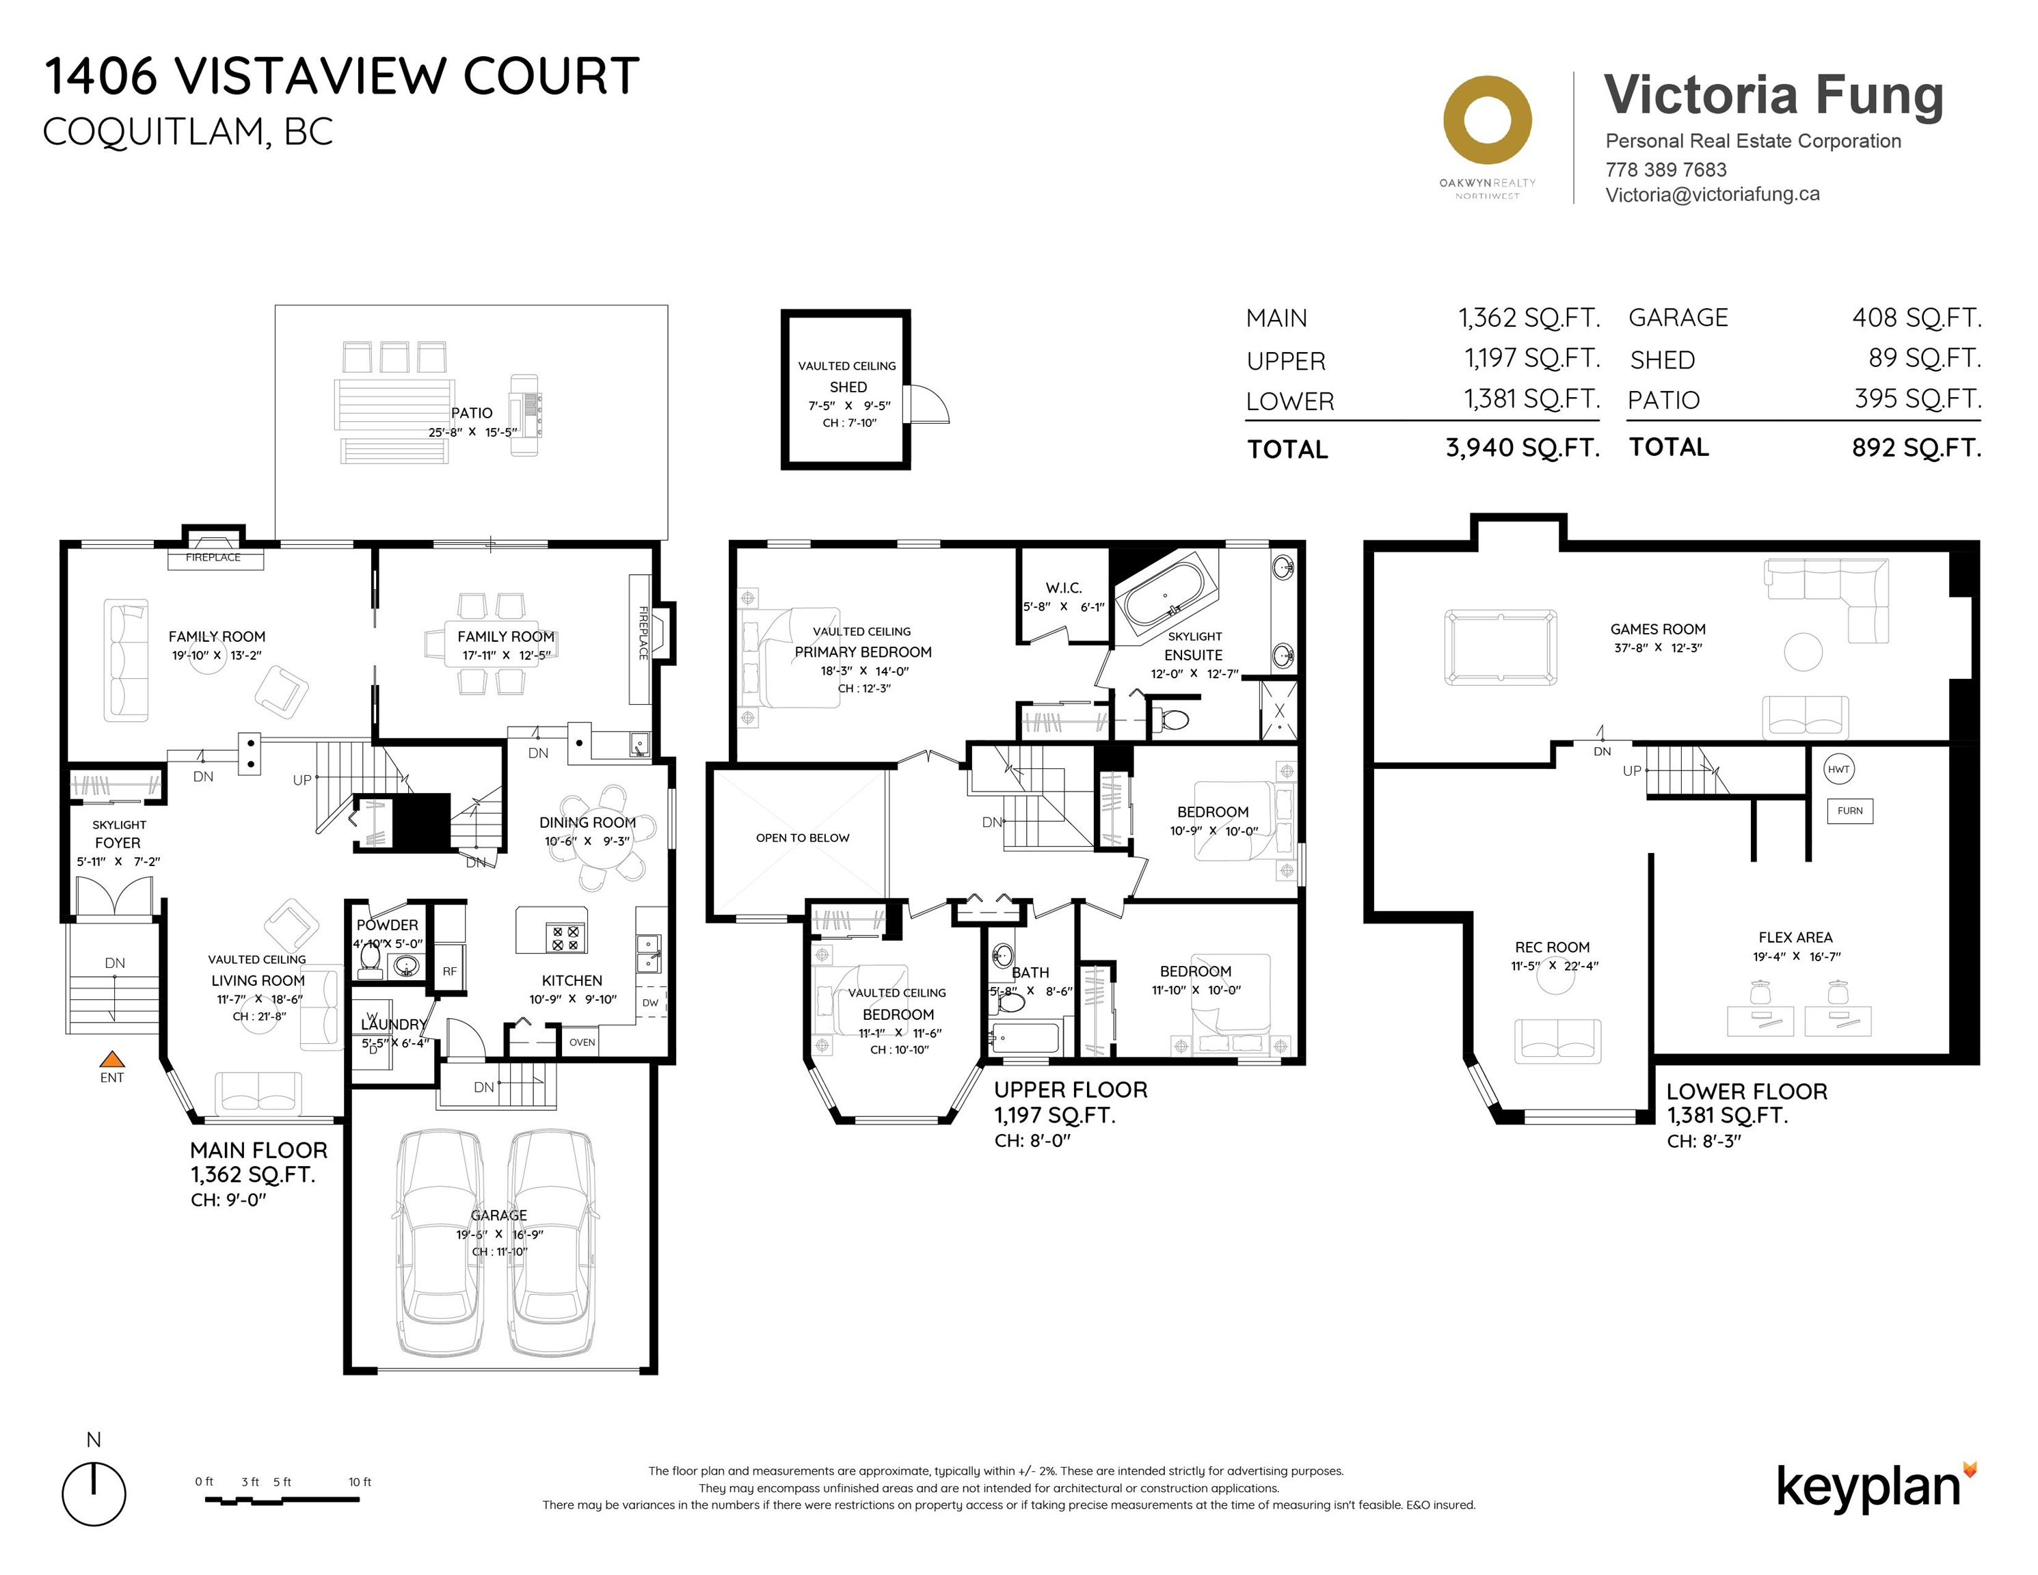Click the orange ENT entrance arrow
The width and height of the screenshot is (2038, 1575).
pos(112,1059)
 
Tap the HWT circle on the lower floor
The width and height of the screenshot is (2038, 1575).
pos(1838,770)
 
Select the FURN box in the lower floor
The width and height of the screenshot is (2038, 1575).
pos(1849,811)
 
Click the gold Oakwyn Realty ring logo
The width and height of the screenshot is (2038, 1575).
pos(1488,121)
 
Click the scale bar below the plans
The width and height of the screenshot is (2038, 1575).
pos(282,1499)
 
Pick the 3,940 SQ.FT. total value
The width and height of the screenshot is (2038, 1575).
pos(1523,448)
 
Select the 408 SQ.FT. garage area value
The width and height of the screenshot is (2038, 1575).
pos(1917,317)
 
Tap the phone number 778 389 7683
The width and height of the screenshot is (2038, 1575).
pos(1665,170)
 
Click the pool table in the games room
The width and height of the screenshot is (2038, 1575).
pos(1501,647)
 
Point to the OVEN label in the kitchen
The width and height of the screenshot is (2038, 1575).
pos(582,1042)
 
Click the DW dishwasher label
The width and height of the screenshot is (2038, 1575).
pos(650,1003)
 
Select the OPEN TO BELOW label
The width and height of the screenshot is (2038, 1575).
pos(803,838)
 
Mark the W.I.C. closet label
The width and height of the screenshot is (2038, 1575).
pos(1064,588)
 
